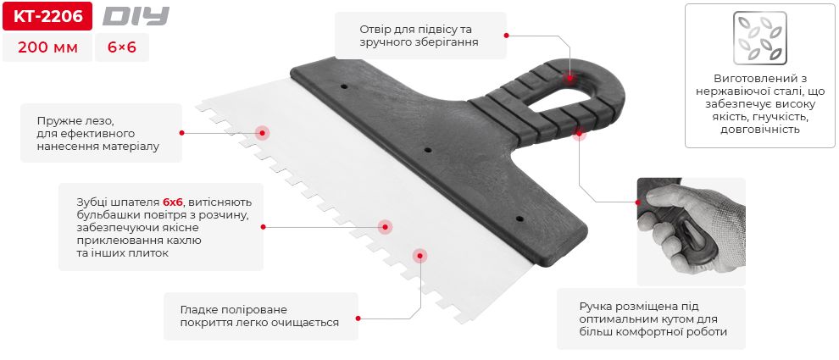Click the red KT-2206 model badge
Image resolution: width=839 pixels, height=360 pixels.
[46, 16]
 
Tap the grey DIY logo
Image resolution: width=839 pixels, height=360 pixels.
[136, 16]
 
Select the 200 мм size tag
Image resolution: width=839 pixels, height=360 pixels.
[47, 48]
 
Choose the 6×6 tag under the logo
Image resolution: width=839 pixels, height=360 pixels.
[122, 48]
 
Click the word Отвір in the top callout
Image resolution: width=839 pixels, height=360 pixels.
[377, 26]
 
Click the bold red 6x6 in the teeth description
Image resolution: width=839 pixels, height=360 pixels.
[173, 202]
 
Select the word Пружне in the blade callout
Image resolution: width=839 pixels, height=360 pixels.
[57, 119]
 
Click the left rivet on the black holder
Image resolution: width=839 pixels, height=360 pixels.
[343, 86]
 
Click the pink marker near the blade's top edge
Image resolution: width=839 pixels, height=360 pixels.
[262, 133]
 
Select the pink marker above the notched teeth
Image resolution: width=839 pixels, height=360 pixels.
[419, 254]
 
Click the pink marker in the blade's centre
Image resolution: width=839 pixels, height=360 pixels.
[385, 226]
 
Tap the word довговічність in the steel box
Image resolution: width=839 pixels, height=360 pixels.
[759, 130]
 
